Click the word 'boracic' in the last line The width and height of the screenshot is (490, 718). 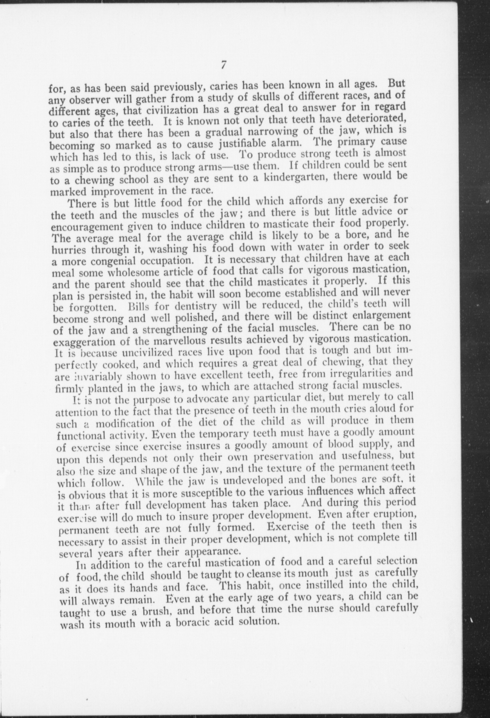193,622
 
